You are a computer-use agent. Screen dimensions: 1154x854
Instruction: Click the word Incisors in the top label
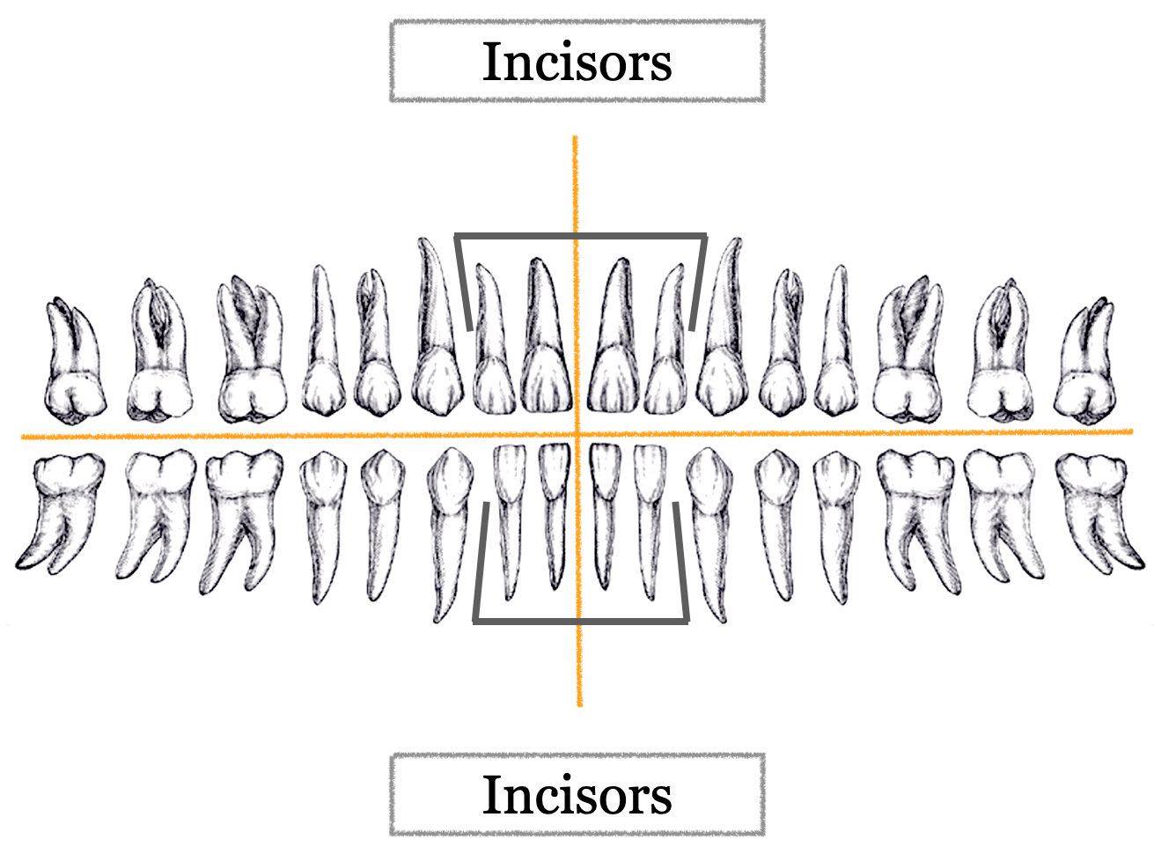(x=577, y=63)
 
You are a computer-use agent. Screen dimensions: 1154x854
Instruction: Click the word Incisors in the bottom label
(x=577, y=795)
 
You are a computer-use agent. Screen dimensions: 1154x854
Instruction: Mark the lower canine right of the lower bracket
(x=710, y=519)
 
